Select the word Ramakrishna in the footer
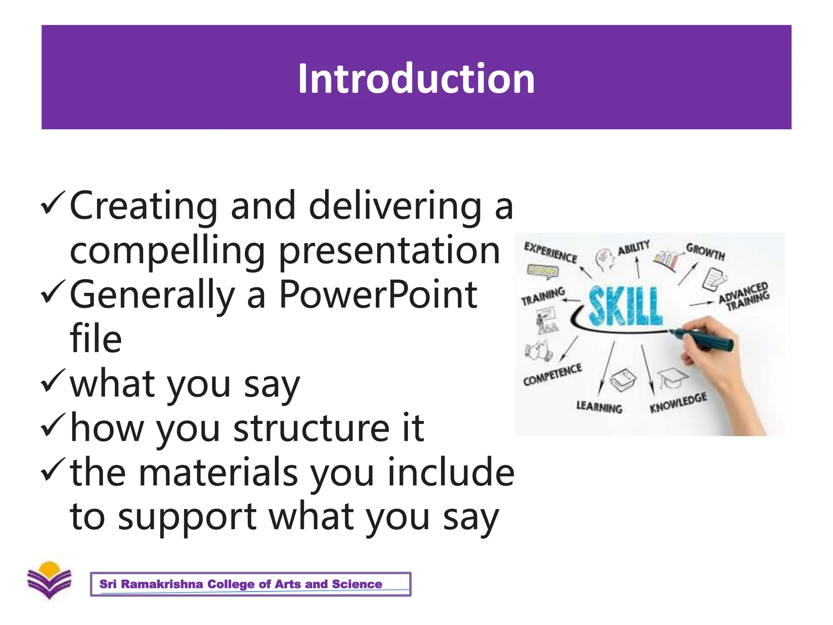click(162, 584)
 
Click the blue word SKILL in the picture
click(625, 306)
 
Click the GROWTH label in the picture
click(705, 251)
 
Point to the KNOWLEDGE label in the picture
click(678, 402)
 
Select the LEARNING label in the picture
click(599, 406)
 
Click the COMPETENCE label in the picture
click(552, 374)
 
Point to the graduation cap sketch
click(672, 376)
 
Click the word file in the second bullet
click(96, 339)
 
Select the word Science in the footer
click(357, 584)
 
